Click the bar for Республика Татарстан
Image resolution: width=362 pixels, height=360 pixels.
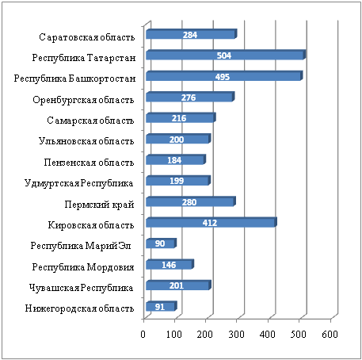click(x=226, y=55)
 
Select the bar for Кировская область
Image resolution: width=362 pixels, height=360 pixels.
click(x=211, y=222)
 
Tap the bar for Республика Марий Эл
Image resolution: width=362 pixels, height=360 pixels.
click(x=161, y=243)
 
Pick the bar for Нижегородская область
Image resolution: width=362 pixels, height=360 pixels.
click(x=162, y=306)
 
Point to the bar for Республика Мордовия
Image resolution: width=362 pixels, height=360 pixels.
click(x=170, y=264)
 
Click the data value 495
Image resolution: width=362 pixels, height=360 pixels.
click(x=223, y=77)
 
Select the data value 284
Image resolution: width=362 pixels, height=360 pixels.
click(x=190, y=35)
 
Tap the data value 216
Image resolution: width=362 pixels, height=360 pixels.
click(x=179, y=118)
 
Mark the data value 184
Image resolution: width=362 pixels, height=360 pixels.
click(x=174, y=160)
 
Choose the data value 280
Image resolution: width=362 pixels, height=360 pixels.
click(x=189, y=202)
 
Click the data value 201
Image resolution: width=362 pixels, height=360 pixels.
click(x=177, y=285)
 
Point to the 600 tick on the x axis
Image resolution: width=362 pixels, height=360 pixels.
click(x=330, y=335)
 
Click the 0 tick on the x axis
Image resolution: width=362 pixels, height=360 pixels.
click(x=143, y=335)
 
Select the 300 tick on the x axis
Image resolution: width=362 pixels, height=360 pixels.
click(x=236, y=335)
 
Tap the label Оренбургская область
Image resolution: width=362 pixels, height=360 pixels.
click(x=83, y=100)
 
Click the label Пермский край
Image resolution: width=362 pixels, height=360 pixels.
click(x=99, y=205)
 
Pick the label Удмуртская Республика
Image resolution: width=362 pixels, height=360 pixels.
click(x=78, y=183)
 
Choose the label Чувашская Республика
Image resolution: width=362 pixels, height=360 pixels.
click(x=81, y=288)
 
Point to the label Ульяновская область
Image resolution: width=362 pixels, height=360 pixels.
click(x=86, y=141)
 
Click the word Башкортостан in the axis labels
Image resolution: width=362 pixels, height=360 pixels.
click(x=102, y=79)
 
